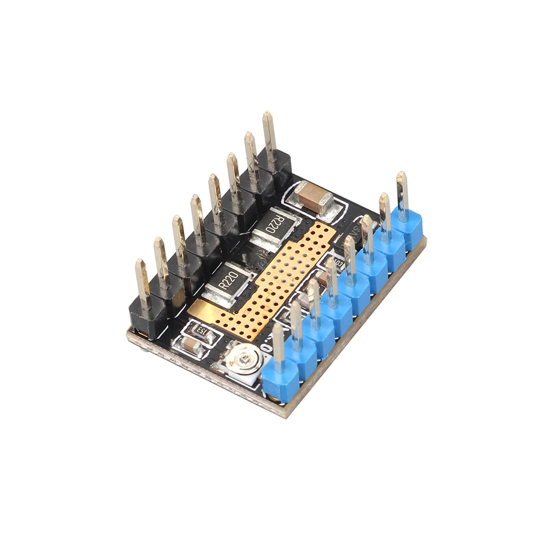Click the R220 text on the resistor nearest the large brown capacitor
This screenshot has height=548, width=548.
point(275,224)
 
